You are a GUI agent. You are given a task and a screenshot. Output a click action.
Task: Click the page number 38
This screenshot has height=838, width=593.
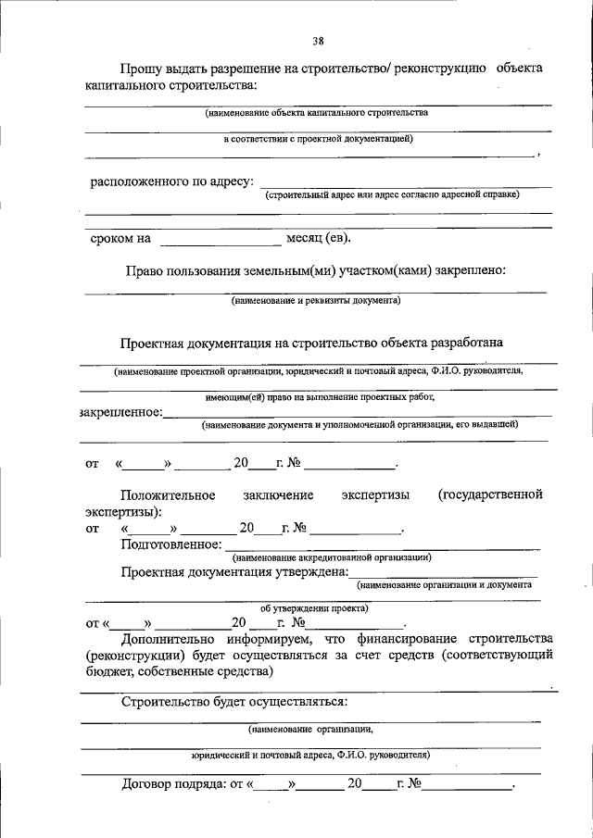tap(318, 40)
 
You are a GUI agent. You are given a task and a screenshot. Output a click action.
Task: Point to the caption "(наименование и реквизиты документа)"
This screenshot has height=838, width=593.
tap(315, 301)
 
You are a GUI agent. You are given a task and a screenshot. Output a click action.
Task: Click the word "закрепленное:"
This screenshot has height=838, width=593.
tap(120, 412)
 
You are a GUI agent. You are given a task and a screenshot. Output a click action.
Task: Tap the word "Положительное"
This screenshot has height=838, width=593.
tap(168, 494)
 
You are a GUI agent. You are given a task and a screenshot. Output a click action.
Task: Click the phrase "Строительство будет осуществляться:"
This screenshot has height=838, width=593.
tap(233, 701)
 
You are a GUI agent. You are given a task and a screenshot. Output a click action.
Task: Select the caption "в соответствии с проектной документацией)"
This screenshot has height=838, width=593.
tap(318, 139)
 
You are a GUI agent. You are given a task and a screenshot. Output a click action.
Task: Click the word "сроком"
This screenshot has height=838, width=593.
tap(110, 239)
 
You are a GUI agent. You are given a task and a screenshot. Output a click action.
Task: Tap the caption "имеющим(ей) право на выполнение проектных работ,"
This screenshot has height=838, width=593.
tap(320, 396)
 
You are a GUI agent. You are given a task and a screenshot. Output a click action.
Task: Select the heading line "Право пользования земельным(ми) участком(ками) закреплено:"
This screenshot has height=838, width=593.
tap(315, 270)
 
